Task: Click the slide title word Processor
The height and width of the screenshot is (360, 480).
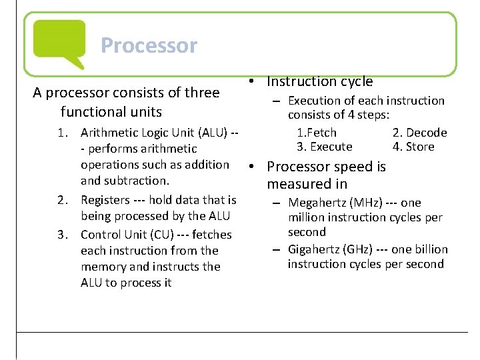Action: point(149,45)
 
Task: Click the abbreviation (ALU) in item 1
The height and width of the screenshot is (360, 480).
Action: point(207,133)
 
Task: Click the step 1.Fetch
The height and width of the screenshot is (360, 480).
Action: point(317,133)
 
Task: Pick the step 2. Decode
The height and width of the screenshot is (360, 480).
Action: point(419,133)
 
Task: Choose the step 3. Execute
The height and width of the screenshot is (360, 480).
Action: point(324,147)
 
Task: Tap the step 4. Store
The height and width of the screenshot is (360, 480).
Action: point(413,147)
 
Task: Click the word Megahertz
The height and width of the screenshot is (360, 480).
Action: point(319,203)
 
